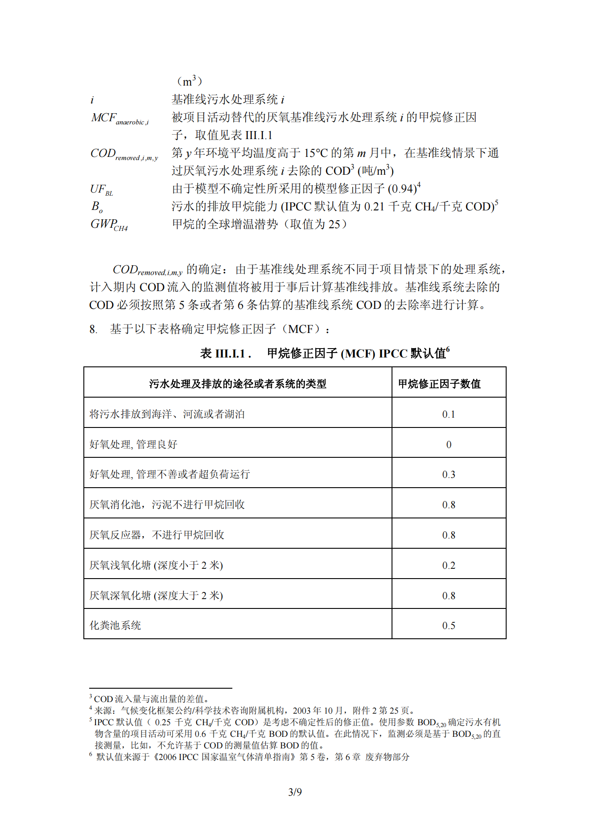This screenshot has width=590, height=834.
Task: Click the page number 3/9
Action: pos(295,792)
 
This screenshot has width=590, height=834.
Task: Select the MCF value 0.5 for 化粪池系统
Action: pos(449,625)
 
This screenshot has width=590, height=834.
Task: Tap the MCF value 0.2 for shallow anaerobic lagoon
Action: pos(449,565)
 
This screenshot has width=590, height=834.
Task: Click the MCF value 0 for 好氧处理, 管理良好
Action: pos(449,444)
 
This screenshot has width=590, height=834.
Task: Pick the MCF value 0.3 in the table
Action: pos(449,474)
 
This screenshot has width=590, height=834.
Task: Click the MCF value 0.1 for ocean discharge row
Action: pos(449,414)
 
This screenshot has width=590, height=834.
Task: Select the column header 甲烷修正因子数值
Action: pos(439,384)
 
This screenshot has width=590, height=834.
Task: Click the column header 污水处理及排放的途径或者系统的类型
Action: pos(238,384)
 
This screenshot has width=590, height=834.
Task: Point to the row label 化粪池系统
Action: pos(115,625)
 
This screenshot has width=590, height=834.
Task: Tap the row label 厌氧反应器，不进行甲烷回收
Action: pos(157,535)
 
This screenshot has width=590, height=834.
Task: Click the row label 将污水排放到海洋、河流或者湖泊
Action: pos(167,414)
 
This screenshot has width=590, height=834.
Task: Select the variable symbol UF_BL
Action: pos(101,189)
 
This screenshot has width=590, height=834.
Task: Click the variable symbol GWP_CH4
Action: pos(109,225)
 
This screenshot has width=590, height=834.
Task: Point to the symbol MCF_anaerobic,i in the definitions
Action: pos(120,118)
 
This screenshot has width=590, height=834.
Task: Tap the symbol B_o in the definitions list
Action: pos(97,207)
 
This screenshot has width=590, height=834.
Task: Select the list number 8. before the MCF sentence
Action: pos(93,329)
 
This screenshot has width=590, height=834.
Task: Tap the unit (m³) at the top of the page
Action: pos(190,81)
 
